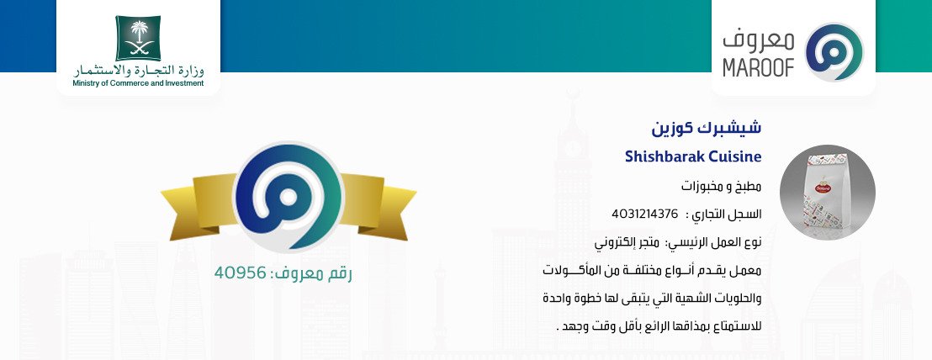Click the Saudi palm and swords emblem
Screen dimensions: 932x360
point(138,38)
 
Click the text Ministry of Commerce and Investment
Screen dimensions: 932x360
point(138,84)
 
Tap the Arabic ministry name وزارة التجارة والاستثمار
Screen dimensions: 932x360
point(139,71)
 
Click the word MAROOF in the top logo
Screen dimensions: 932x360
point(759,68)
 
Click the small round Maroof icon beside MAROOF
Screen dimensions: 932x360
point(834,52)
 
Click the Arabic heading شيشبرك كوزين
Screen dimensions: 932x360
point(706,128)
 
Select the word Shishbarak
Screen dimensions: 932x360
point(661,156)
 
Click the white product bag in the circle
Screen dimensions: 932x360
point(826,193)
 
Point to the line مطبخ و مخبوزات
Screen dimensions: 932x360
point(721,187)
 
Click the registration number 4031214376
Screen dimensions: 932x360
point(644,214)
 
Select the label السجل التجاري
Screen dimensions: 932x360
point(724,214)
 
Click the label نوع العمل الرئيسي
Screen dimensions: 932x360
point(712,243)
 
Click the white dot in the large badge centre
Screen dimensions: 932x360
point(289,197)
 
